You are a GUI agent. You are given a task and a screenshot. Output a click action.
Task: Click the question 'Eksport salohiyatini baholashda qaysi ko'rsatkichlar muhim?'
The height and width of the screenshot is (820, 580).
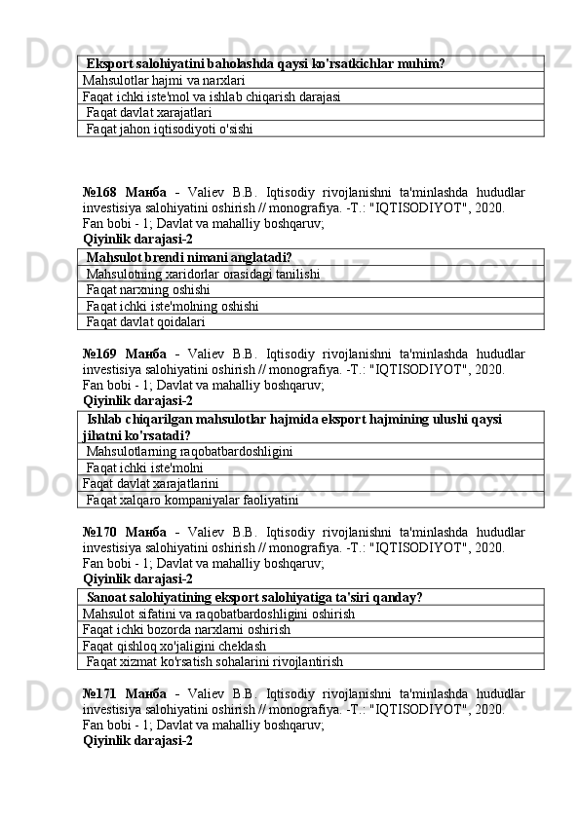[265, 63]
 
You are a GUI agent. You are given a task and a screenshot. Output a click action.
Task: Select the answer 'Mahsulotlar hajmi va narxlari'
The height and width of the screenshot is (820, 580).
[164, 80]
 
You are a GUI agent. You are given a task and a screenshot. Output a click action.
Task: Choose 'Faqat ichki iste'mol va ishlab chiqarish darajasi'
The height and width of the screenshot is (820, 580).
[212, 96]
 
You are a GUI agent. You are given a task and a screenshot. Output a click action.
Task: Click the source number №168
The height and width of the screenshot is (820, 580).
[99, 192]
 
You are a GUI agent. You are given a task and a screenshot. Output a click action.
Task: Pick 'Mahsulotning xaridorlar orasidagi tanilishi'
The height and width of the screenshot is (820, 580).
[203, 274]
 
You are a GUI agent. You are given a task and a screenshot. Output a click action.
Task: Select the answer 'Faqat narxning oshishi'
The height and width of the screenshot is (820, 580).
[147, 289]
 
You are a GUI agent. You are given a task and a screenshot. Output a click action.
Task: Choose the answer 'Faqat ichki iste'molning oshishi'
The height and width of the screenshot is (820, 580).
[172, 306]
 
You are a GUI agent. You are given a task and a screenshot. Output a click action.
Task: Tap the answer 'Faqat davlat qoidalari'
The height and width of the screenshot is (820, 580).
[145, 321]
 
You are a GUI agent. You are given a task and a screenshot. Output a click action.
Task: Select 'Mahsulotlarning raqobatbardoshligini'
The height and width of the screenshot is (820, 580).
[189, 451]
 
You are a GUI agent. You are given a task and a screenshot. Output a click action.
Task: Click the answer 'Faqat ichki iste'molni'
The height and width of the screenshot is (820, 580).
[143, 467]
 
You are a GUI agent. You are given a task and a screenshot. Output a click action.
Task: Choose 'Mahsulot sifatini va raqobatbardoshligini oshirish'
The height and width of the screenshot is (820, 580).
[219, 614]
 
